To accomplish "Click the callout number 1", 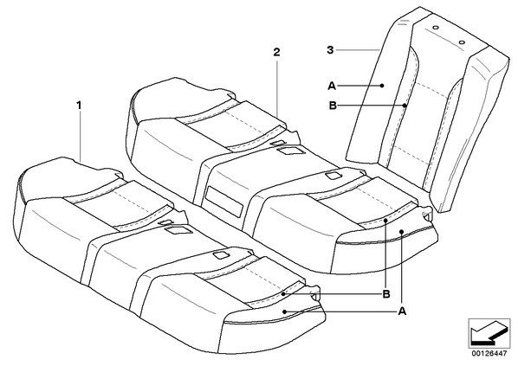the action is [79, 106].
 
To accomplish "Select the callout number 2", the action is [276, 52].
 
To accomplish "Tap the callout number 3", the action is [330, 50].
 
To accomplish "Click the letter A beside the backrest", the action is [332, 87].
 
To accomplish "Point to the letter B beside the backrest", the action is [333, 106].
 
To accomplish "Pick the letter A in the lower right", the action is [402, 311].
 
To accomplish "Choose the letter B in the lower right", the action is [385, 293].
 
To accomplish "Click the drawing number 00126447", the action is [489, 354].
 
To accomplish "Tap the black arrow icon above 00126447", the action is [489, 333].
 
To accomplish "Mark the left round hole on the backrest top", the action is [436, 29].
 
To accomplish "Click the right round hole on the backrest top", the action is [462, 42].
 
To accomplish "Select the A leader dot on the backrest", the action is [382, 86].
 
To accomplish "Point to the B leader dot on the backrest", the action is [405, 106].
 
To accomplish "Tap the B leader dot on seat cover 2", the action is [385, 219].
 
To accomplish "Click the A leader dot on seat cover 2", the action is [401, 232].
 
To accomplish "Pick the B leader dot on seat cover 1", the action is [283, 293].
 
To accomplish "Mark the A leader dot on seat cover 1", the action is [285, 311].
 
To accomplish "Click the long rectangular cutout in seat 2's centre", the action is [224, 202].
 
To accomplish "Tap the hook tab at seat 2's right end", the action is [427, 214].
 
